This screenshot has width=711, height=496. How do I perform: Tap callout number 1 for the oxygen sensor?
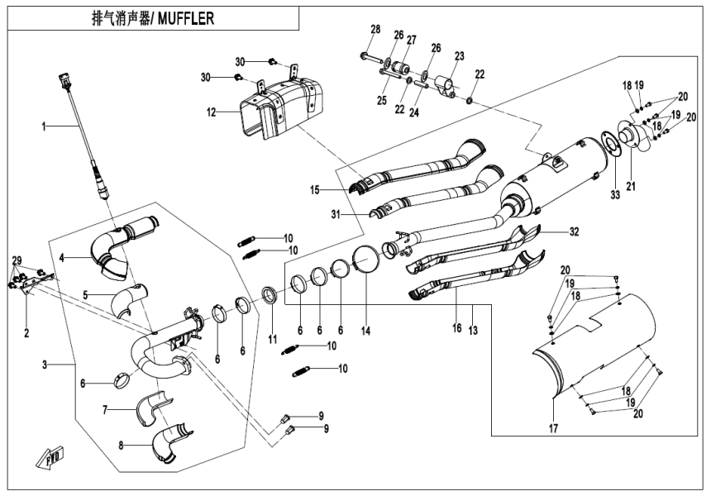pos(46,126)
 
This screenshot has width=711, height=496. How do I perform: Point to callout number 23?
pos(459,55)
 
